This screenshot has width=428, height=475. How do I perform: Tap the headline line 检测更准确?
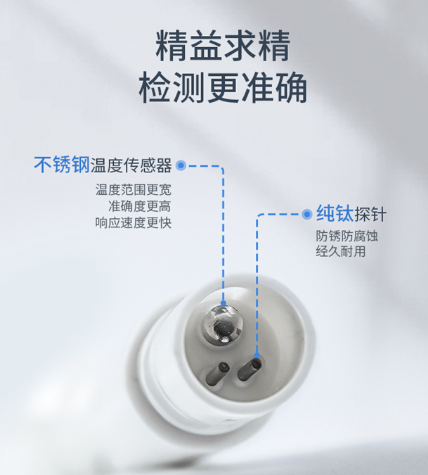[223, 88]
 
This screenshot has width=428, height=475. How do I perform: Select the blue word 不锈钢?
[62, 165]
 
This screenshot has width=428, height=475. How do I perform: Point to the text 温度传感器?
[131, 166]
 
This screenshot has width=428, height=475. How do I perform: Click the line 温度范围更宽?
[134, 190]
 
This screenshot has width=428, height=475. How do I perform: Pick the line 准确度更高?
[140, 206]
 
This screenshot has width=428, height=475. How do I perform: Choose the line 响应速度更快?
[134, 222]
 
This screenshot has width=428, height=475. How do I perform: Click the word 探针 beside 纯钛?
[372, 214]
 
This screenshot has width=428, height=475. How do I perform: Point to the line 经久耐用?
[341, 252]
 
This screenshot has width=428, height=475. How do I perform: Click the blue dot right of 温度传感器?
[181, 166]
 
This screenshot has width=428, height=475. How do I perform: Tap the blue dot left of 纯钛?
[306, 214]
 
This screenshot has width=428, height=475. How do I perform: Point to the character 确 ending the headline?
[290, 88]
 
